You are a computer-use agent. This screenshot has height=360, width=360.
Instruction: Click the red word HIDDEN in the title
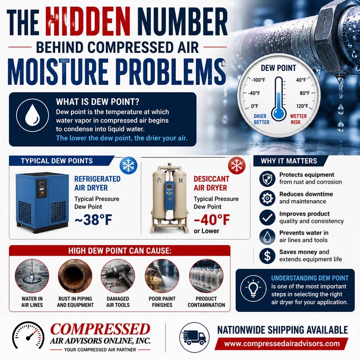pyautogui.click(x=88, y=21)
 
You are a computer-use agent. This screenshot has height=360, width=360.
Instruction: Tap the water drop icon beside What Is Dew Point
pyautogui.click(x=32, y=115)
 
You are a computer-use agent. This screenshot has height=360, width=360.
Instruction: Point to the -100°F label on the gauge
pyautogui.click(x=258, y=80)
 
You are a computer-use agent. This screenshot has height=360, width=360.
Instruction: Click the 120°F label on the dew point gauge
pyautogui.click(x=302, y=106)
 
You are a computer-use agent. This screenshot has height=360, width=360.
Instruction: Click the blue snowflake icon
pyautogui.click(x=129, y=165)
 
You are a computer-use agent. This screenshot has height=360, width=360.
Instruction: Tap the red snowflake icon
pyautogui.click(x=237, y=165)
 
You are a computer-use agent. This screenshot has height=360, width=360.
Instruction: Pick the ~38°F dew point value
pyautogui.click(x=93, y=220)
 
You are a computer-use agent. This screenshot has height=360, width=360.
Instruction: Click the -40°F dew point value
pyautogui.click(x=212, y=220)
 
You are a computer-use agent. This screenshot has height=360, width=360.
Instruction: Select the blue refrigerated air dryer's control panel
pyautogui.click(x=42, y=188)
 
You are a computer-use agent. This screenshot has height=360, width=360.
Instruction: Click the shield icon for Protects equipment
pyautogui.click(x=267, y=178)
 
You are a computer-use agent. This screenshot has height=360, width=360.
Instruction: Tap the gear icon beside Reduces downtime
pyautogui.click(x=267, y=198)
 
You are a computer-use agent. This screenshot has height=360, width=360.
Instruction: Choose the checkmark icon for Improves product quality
pyautogui.click(x=267, y=217)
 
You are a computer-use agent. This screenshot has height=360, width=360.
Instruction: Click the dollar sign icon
pyautogui.click(x=267, y=256)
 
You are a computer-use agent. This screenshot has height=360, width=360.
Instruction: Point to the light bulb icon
pyautogui.click(x=253, y=289)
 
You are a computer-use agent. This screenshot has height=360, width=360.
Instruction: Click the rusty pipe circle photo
pyautogui.click(x=75, y=276)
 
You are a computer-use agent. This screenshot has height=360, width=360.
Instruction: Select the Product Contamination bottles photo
pyautogui.click(x=206, y=276)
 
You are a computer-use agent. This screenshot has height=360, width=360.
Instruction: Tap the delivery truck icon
pyautogui.click(x=194, y=337)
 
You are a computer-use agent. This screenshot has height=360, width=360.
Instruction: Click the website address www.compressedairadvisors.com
pyautogui.click(x=282, y=344)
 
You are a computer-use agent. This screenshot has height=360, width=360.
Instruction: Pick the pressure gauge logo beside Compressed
pyautogui.click(x=28, y=335)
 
